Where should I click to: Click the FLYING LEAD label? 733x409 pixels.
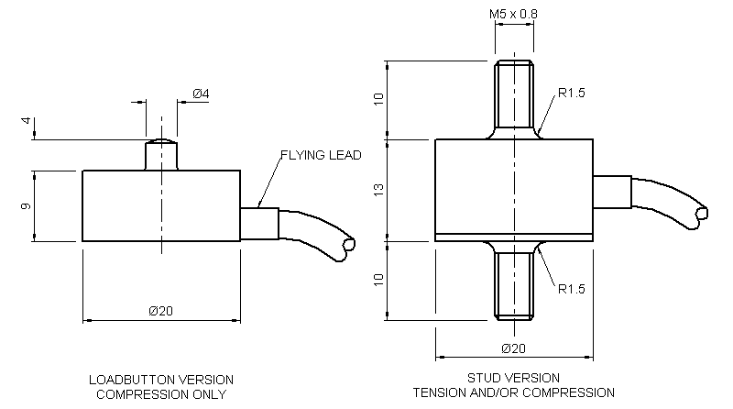(x=321, y=156)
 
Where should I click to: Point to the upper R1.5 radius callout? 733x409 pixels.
(x=572, y=94)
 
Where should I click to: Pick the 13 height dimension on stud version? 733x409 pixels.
(x=378, y=189)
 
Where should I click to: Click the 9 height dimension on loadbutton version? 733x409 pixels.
(x=27, y=206)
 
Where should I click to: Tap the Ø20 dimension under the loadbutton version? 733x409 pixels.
(x=160, y=311)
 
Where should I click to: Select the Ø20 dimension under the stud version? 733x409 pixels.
(x=514, y=348)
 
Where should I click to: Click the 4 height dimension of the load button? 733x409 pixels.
(x=27, y=121)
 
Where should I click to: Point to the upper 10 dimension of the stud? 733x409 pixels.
(x=378, y=100)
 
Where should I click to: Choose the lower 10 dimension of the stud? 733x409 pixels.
(x=378, y=279)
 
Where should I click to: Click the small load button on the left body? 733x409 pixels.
(x=161, y=154)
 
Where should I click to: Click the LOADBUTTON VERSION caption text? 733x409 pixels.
(x=161, y=380)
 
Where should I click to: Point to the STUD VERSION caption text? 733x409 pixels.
(x=514, y=378)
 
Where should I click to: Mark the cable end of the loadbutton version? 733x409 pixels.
(x=347, y=246)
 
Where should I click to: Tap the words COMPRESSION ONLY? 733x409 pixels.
(x=161, y=394)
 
